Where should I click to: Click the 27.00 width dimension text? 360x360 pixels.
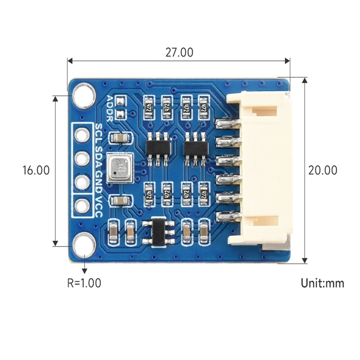pos(179,52)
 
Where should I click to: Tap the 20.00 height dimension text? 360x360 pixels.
pos(322,170)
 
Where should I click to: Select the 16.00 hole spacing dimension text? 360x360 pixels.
pos(36,170)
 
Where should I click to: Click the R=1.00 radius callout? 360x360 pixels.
pos(84,283)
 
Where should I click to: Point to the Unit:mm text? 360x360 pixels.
pos(322,283)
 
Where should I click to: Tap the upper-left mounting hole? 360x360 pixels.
pos(84,96)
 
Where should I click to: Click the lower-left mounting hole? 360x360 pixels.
pos(84,245)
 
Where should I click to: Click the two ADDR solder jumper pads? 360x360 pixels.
pos(120,108)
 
